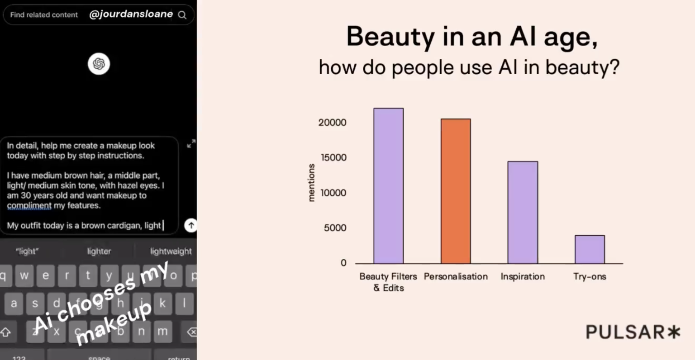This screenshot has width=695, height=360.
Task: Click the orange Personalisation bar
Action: tap(456, 191)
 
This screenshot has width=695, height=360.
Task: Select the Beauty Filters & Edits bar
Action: tap(389, 186)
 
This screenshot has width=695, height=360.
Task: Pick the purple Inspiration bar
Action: tap(523, 213)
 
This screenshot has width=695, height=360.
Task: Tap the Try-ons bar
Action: tap(590, 249)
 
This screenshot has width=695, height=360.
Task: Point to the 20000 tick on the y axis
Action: tap(332, 123)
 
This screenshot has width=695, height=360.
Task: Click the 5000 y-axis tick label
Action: tap(335, 228)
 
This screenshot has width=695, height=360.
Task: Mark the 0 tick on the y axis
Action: tap(343, 263)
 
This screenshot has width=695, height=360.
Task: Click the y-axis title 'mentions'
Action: tap(311, 183)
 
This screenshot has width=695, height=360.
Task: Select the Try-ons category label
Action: tap(590, 276)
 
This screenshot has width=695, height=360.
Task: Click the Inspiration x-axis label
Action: tap(523, 276)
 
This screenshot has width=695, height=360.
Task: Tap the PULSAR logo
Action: tap(633, 332)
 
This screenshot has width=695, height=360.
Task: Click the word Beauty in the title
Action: tap(390, 37)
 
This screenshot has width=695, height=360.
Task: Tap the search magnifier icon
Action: tap(182, 15)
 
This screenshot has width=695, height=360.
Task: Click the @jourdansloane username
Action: tap(131, 14)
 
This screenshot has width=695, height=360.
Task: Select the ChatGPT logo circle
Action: tap(99, 64)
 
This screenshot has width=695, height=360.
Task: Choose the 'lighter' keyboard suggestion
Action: tap(99, 251)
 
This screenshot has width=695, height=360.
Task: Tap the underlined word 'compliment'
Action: tap(29, 206)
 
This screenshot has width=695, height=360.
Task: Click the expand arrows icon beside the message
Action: tap(191, 143)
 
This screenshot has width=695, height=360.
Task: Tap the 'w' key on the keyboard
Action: tap(24, 275)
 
